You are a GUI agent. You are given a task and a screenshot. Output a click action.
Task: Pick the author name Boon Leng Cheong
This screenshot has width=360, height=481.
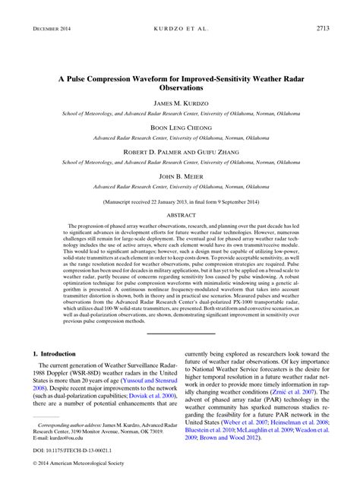[180, 129]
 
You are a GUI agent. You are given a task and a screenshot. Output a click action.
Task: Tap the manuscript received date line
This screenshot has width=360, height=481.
[180, 203]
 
